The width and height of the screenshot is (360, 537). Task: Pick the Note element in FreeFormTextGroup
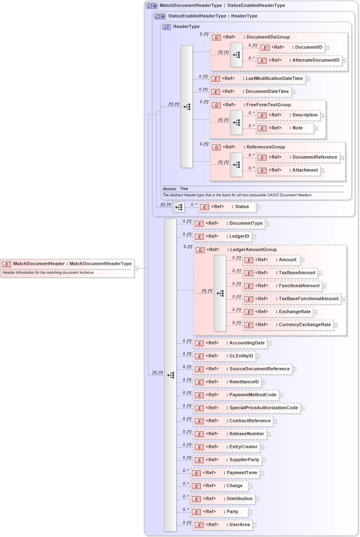click(x=285, y=128)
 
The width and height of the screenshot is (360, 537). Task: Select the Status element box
click(x=227, y=207)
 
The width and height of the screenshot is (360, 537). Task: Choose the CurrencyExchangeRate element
click(x=288, y=325)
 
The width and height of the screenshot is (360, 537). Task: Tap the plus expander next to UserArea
click(x=254, y=525)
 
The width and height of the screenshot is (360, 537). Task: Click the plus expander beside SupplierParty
click(x=264, y=460)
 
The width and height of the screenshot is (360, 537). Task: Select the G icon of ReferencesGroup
click(x=217, y=148)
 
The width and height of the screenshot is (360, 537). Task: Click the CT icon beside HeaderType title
click(x=166, y=27)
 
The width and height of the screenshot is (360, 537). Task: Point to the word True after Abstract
click(x=184, y=189)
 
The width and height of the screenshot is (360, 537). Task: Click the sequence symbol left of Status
click(x=178, y=207)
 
